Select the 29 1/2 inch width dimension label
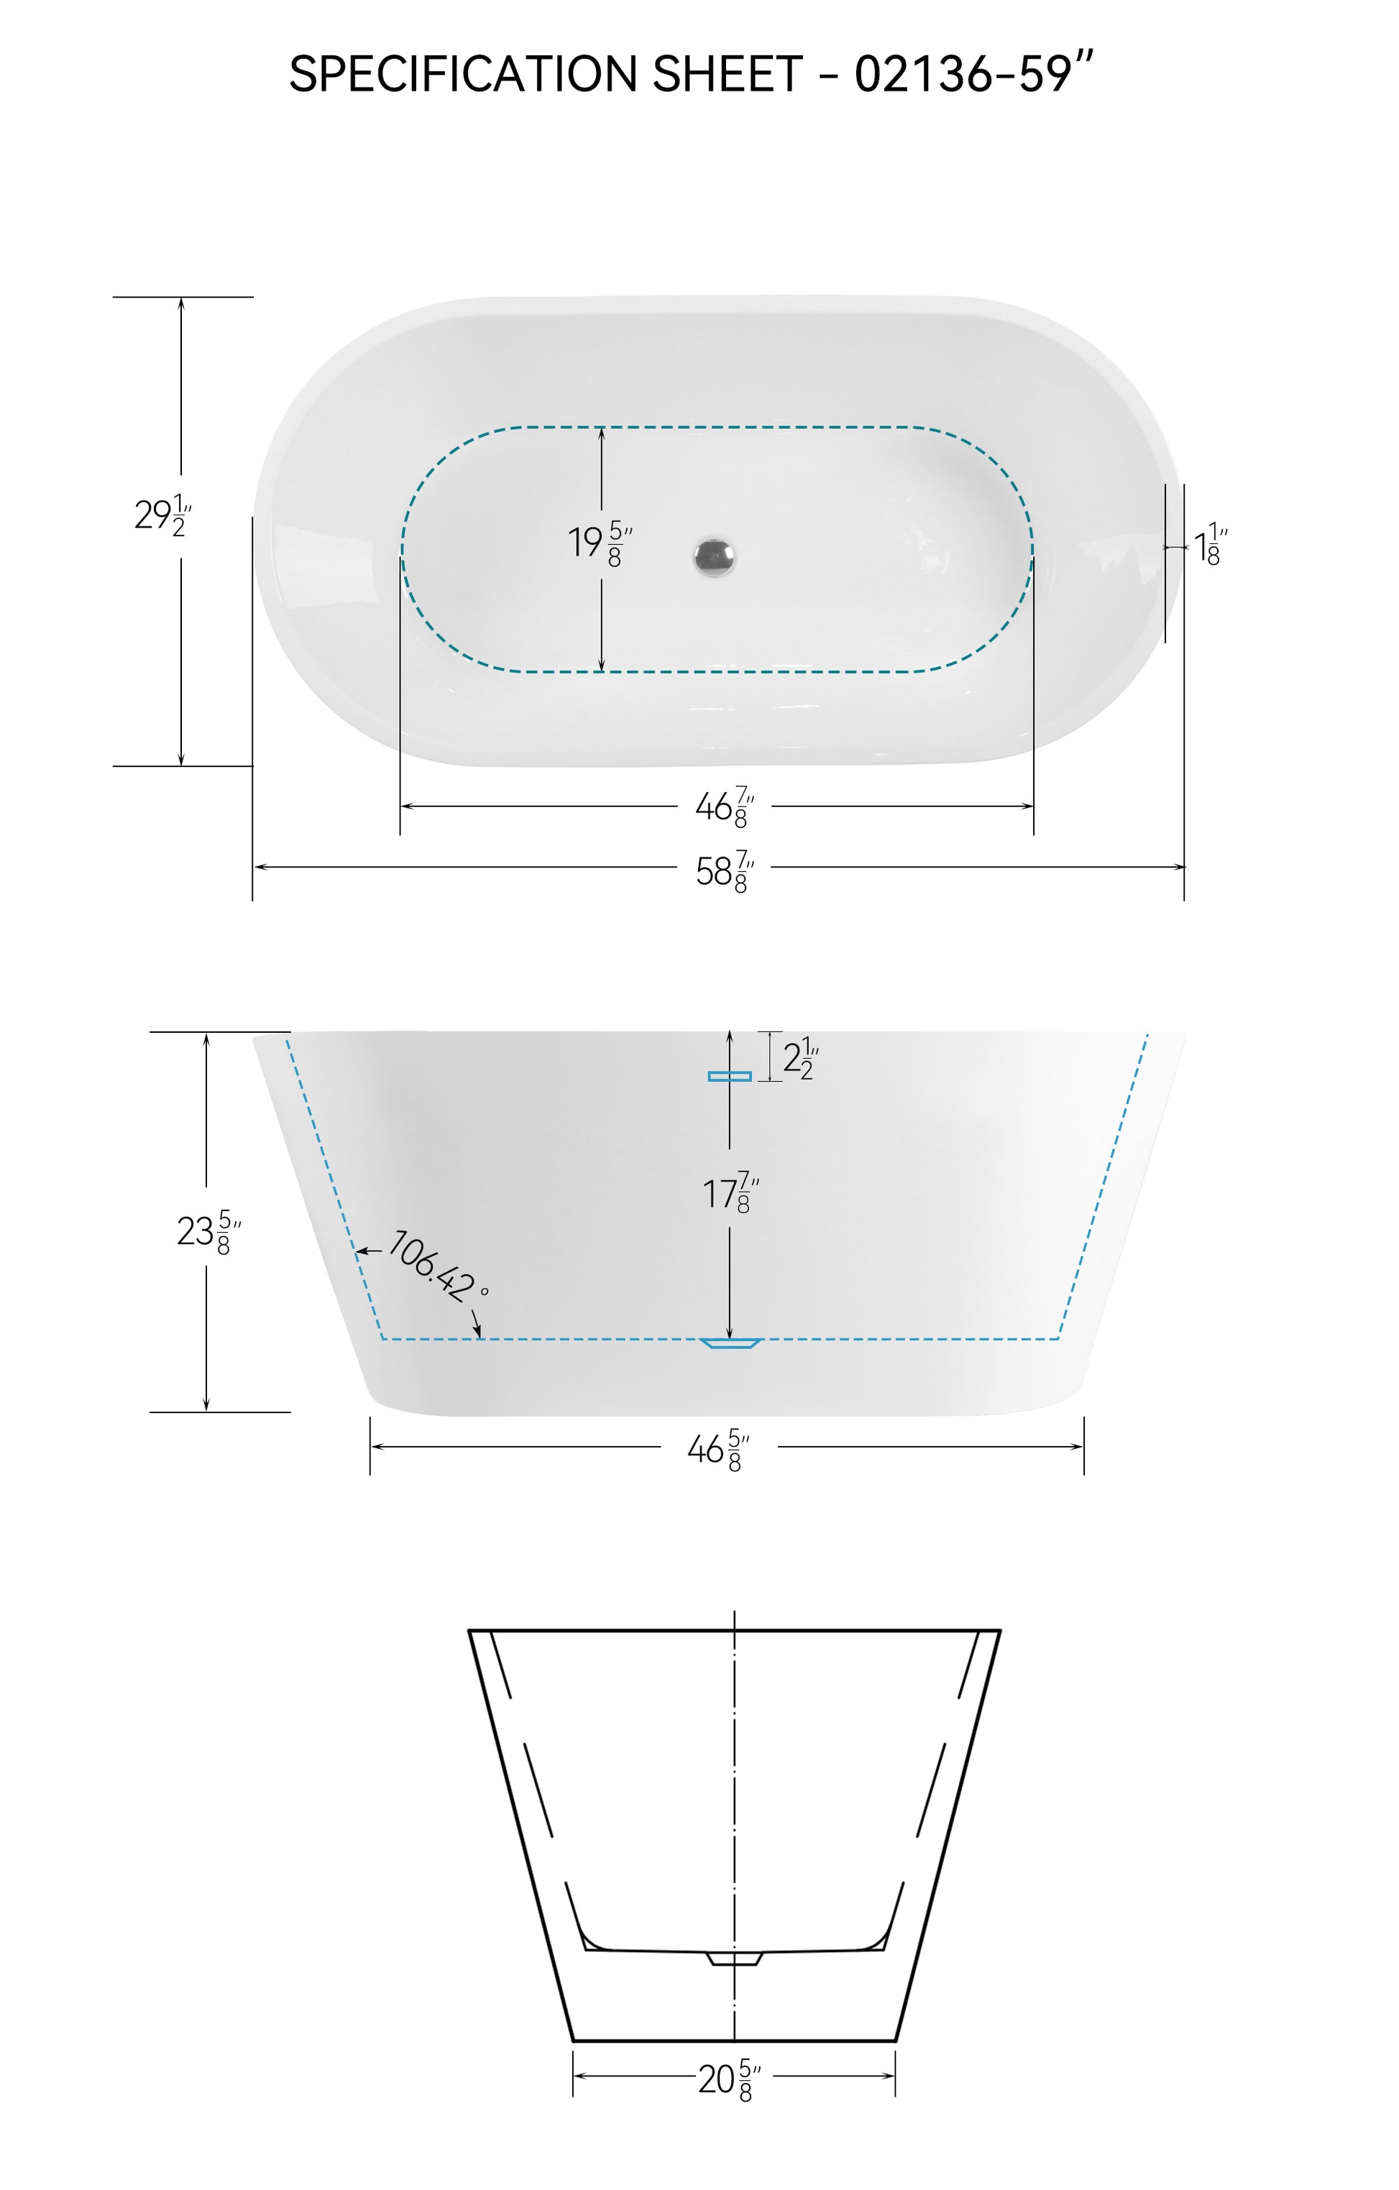(x=162, y=515)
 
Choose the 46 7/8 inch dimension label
(x=725, y=806)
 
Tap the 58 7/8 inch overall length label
(x=725, y=871)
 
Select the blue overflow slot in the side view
(x=730, y=1076)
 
